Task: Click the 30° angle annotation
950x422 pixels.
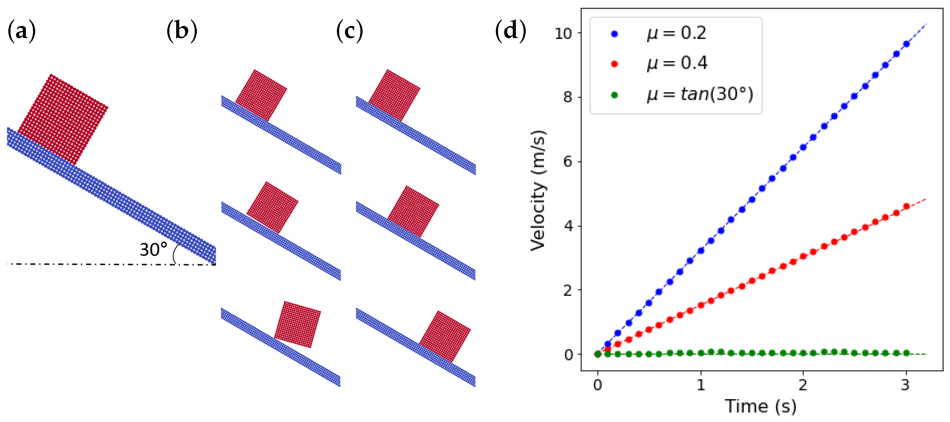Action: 153,250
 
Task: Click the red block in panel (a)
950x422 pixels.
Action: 63,119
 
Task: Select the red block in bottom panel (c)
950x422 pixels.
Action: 445,336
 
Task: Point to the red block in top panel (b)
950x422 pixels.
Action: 261,95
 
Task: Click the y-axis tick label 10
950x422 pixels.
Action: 563,34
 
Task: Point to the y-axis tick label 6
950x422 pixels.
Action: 568,162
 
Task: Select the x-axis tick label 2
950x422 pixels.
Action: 803,385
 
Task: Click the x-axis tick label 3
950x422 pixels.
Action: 905,385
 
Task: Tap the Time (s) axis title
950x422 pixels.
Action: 761,407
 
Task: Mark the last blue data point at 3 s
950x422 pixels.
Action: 906,44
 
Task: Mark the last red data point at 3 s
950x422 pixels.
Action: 906,206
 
